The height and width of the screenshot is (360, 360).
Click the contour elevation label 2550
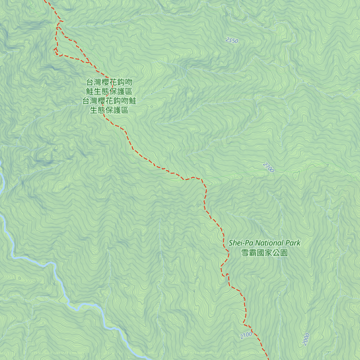click(232, 40)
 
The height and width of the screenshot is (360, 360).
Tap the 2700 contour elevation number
click(268, 167)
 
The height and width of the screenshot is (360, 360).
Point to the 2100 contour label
click(246, 335)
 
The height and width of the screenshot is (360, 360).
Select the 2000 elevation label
click(306, 339)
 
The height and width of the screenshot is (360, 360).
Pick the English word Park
click(293, 243)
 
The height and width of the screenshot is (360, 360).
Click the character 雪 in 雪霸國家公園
click(245, 253)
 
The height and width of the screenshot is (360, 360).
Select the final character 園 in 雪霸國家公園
click(284, 253)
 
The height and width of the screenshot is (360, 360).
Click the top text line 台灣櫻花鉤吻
click(109, 82)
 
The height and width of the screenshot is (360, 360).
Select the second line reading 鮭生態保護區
click(109, 91)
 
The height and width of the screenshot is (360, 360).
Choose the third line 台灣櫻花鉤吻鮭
click(109, 101)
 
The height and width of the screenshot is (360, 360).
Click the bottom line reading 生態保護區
click(109, 110)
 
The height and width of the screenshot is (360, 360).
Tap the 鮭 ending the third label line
click(133, 101)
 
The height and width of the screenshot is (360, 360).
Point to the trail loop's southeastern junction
click(88, 62)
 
